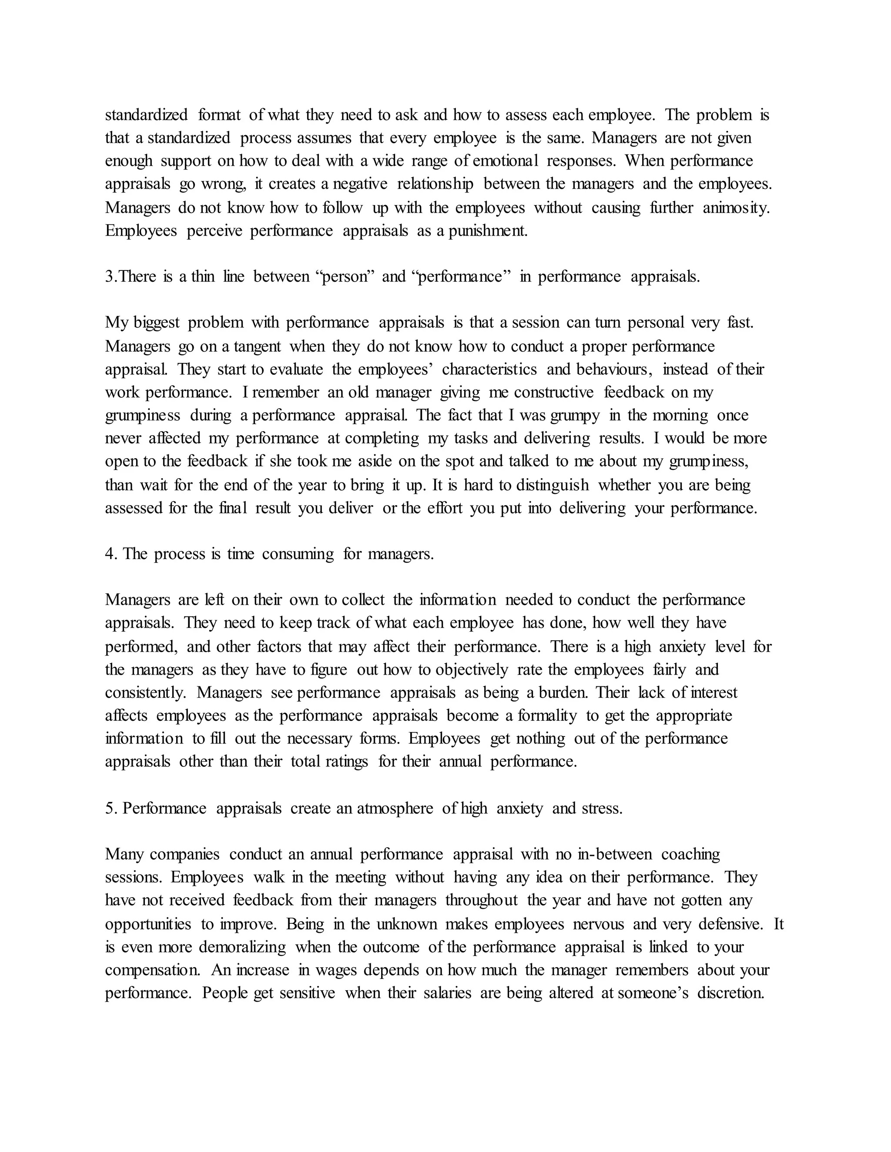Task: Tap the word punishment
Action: tap(488, 231)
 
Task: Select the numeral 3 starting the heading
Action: tap(109, 277)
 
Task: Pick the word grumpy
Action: tap(575, 416)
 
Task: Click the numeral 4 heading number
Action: tap(110, 554)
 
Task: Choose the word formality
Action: tap(547, 716)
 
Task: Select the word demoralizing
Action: tap(242, 947)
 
